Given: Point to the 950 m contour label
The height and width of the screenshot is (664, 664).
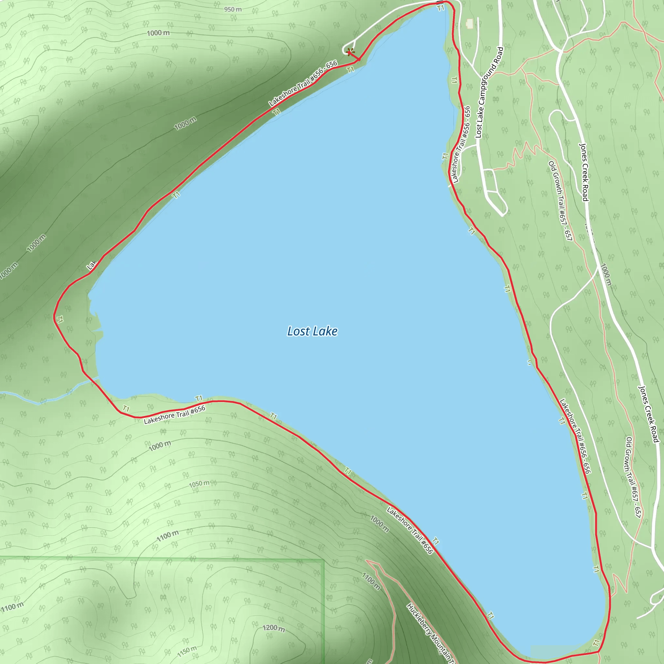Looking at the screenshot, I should coord(233,9).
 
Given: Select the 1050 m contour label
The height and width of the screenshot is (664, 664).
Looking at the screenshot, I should coord(199,484).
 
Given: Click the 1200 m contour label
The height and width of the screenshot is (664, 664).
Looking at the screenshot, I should coord(274,628).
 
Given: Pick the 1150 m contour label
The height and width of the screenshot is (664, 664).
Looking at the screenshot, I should coord(187,651).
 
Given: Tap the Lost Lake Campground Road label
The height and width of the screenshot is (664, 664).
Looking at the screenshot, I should coord(489,93).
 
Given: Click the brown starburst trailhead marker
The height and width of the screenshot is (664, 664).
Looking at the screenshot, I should coord(350,52).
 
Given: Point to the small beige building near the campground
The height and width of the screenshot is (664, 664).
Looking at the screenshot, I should coord(469,23).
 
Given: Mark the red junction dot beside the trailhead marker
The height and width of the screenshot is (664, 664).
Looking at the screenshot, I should coord(359,60).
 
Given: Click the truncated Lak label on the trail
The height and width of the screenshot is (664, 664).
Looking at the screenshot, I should coord(91,265).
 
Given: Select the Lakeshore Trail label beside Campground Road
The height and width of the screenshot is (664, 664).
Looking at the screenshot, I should coord(460,144).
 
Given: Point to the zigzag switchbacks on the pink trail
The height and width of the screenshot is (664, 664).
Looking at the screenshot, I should coord(526,151).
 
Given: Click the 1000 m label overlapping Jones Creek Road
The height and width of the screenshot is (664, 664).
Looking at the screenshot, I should coord(606,275).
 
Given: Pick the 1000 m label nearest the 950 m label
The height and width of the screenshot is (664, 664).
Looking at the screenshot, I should coord(158,33).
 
